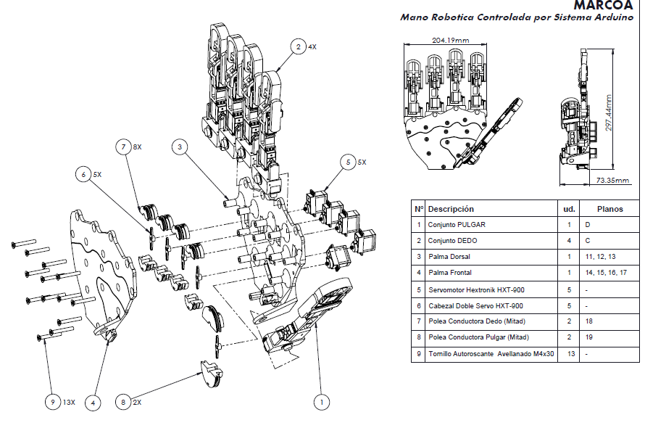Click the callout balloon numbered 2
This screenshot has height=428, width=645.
(298, 47)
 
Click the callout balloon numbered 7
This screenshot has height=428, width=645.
(125, 147)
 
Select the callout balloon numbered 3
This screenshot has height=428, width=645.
(181, 147)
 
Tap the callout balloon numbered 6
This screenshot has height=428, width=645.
(85, 174)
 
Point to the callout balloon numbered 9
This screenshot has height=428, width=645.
(51, 401)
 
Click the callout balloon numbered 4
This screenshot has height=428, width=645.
(93, 401)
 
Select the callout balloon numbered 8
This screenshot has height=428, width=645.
(125, 401)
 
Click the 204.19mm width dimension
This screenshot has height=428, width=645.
(449, 41)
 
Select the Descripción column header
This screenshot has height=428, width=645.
(451, 209)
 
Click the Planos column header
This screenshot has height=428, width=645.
(609, 209)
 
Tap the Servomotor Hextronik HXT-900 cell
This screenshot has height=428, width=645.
(475, 289)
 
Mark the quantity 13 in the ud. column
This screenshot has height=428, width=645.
(569, 355)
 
